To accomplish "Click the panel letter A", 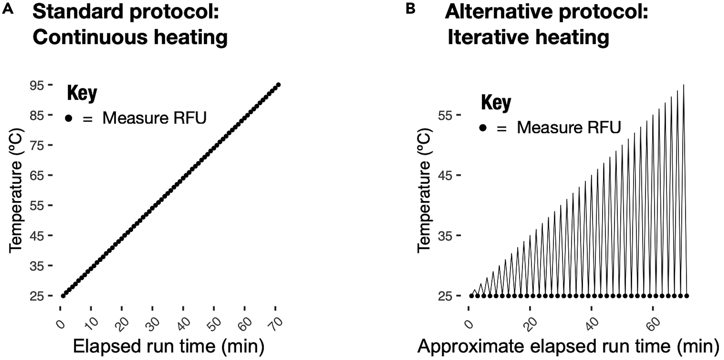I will pos(8,9).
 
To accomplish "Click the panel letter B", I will pos(411,9).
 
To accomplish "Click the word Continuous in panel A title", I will pos(88,37).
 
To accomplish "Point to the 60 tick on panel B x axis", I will pos(652,324).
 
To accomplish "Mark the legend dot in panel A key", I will pos(68,118).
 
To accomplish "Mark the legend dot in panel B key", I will pos(483,128).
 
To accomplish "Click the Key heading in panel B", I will pos(496,103).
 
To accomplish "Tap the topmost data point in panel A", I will pos(278,85).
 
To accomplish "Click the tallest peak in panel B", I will pos(683,85).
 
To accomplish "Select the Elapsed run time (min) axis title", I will pos(168,346).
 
